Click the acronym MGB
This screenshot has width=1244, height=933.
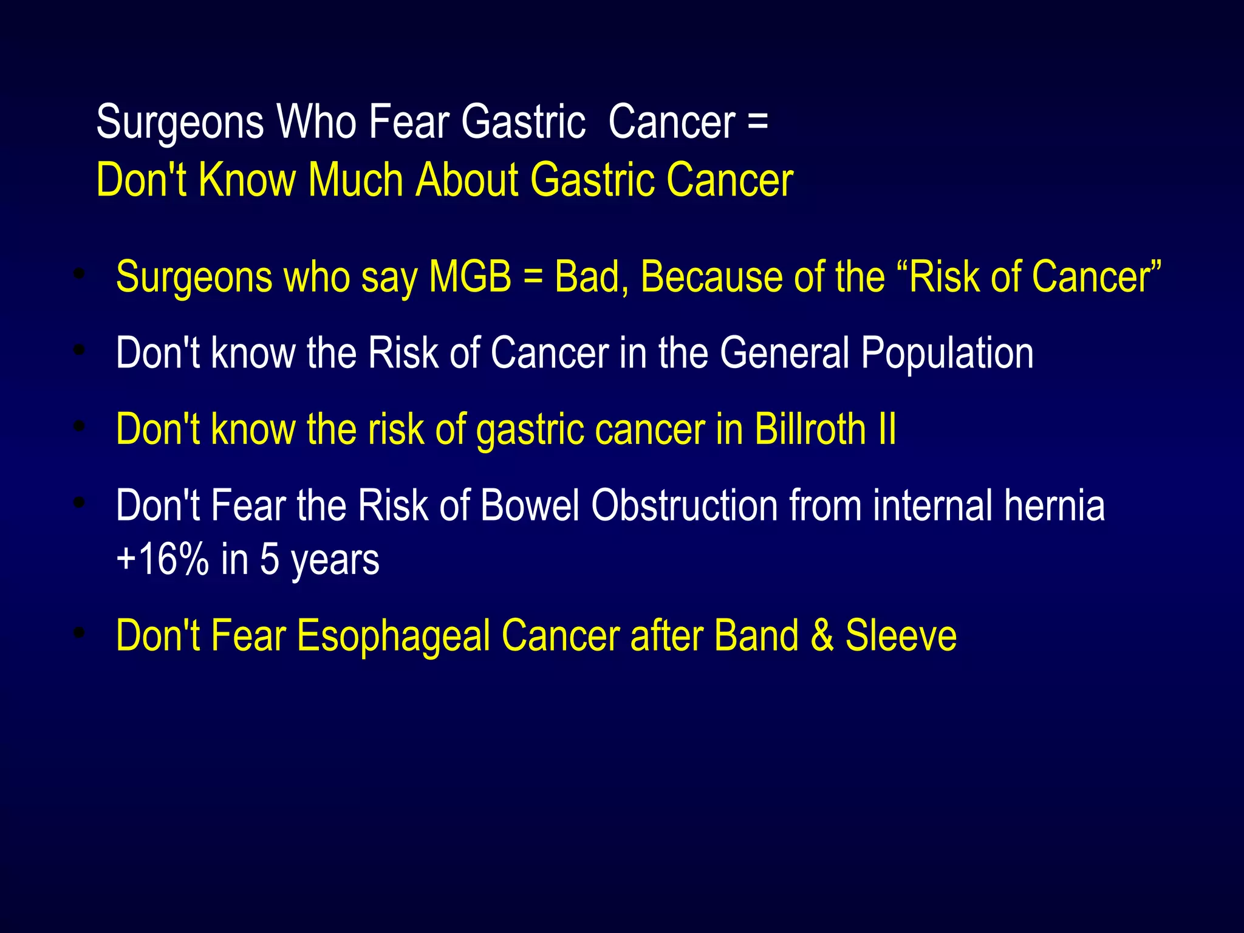point(470,277)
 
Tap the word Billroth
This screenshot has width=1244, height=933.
point(810,429)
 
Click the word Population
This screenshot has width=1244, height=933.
point(947,353)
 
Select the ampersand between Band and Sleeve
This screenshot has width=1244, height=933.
point(822,635)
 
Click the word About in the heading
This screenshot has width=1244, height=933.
point(466,180)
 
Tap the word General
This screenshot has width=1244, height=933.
point(784,353)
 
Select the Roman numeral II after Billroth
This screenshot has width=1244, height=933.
point(887,429)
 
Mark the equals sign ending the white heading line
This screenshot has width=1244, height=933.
point(757,121)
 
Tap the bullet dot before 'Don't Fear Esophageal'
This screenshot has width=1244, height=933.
point(78,634)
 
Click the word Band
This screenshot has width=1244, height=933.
point(756,635)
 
